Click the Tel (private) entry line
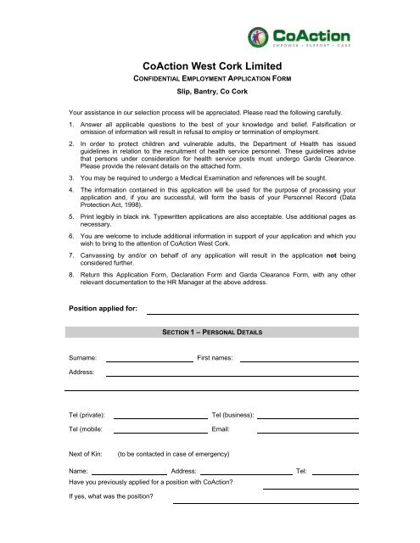click(160, 417)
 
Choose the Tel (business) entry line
click(307, 417)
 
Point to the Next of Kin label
click(86, 455)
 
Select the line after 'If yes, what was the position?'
click(266, 503)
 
